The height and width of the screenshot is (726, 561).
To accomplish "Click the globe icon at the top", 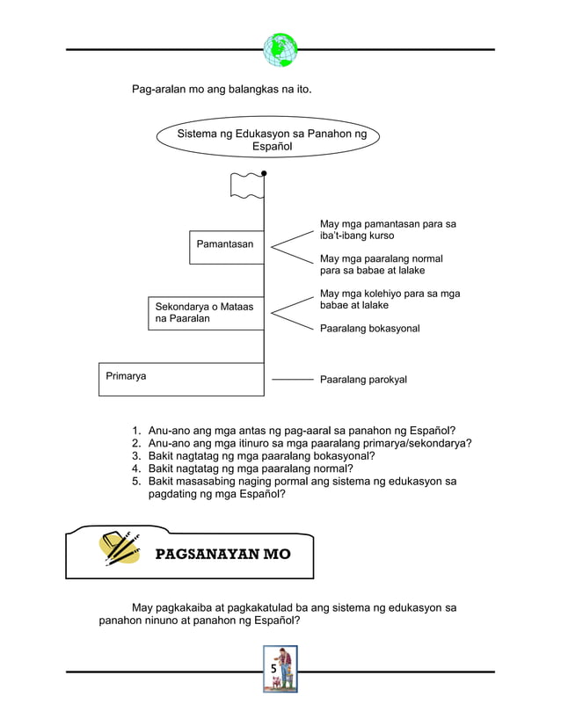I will pyautogui.click(x=280, y=49).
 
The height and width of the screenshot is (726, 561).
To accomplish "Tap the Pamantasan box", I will pyautogui.click(x=226, y=246).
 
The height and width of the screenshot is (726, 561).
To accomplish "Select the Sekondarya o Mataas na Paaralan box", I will pyautogui.click(x=206, y=313).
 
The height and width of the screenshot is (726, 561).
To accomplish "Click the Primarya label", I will pyautogui.click(x=126, y=375).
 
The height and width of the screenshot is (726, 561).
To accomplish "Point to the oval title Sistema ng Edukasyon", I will pyautogui.click(x=272, y=141).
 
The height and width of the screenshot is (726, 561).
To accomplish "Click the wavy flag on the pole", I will pyautogui.click(x=246, y=185).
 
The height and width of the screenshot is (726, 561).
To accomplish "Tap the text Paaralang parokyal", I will pyautogui.click(x=363, y=380).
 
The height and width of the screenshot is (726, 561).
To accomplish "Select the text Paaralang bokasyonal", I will pyautogui.click(x=369, y=328).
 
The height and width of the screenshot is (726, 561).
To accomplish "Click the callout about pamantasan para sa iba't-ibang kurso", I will pyautogui.click(x=388, y=230).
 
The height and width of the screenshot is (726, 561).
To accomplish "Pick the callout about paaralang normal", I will pyautogui.click(x=381, y=265).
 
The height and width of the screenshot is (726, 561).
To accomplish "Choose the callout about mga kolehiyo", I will pyautogui.click(x=390, y=299).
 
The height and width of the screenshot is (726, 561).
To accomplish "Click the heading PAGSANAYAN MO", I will pyautogui.click(x=222, y=555).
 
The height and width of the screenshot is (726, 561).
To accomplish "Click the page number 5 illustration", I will pyautogui.click(x=280, y=669).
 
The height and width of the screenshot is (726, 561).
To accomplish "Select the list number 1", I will pyautogui.click(x=137, y=431).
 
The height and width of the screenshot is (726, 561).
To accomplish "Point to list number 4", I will pyautogui.click(x=137, y=468).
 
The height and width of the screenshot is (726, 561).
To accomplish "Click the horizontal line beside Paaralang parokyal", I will pyautogui.click(x=292, y=380).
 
